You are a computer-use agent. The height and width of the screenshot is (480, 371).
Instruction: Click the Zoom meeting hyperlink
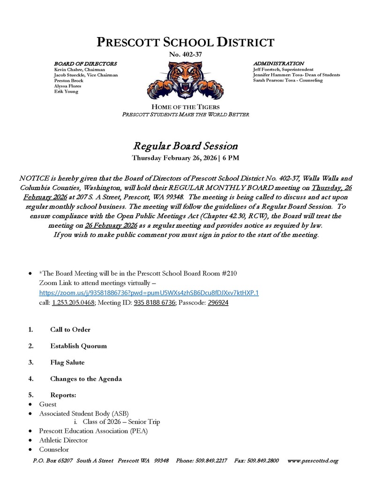point(149,293)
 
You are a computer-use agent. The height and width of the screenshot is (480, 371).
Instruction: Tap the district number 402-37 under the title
point(185,55)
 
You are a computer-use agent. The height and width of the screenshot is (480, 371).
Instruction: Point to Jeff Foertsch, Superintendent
point(283,69)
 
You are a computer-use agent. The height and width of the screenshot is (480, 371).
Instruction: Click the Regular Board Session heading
point(185,146)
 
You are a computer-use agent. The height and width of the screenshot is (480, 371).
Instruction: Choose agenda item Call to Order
point(70,330)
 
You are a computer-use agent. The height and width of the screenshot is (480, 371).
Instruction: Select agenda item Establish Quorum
point(78,346)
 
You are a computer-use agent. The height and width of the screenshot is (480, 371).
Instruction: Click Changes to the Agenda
point(86,379)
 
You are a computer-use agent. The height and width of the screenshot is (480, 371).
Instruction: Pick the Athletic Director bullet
point(63,440)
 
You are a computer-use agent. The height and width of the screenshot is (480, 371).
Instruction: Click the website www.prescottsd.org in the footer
point(312,461)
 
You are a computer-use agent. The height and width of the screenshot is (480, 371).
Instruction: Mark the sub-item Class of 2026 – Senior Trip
point(121,422)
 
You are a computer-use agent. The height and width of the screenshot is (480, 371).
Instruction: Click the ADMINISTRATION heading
point(278,63)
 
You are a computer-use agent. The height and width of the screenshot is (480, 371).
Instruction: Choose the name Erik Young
point(66,92)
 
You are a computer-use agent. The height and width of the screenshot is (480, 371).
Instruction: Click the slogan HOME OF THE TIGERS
point(185,107)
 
